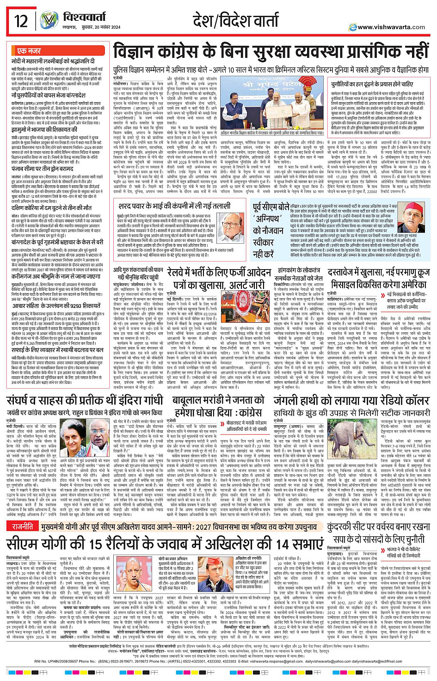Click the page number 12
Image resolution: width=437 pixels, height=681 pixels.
[x=21, y=21]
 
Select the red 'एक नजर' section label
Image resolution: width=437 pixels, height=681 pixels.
[x=29, y=51]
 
